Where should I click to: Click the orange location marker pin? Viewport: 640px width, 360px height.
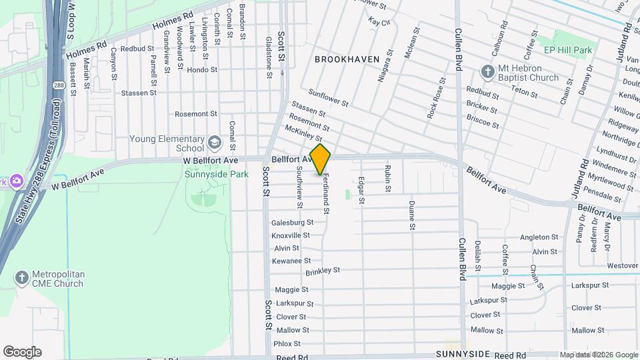pyautogui.click(x=321, y=159)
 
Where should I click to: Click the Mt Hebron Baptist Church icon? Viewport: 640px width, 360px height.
pyautogui.click(x=489, y=71)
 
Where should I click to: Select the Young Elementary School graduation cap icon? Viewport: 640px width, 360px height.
pyautogui.click(x=215, y=141)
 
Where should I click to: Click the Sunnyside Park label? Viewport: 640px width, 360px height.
pyautogui.click(x=217, y=174)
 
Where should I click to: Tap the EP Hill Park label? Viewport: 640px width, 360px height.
pyautogui.click(x=567, y=50)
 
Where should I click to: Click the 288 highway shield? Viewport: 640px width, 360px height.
pyautogui.click(x=59, y=87)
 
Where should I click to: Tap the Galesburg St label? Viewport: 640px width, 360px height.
pyautogui.click(x=292, y=223)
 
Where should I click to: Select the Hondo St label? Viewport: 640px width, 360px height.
pyautogui.click(x=202, y=70)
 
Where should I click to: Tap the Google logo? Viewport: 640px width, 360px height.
pyautogui.click(x=22, y=351)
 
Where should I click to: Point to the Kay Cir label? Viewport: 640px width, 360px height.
pyautogui.click(x=378, y=22)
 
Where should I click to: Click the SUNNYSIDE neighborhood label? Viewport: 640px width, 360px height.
pyautogui.click(x=463, y=353)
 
